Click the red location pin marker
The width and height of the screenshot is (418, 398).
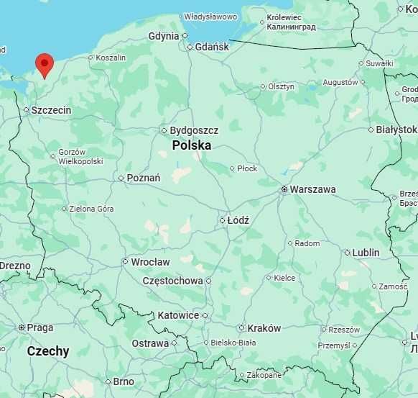(x=45, y=64)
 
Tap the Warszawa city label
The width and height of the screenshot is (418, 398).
(x=312, y=189)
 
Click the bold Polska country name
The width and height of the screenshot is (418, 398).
(x=192, y=145)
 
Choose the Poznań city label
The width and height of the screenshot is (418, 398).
(x=143, y=178)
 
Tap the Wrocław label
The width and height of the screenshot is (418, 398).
(x=150, y=262)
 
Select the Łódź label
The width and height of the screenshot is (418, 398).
(x=238, y=220)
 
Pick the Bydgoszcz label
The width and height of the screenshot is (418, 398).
(x=194, y=130)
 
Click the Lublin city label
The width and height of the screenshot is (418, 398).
(x=366, y=253)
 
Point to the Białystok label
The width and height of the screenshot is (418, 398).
(x=396, y=130)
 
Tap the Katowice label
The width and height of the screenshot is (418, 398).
(x=178, y=315)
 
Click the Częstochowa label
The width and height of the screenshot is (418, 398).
(x=172, y=281)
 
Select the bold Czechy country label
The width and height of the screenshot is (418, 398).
(x=48, y=351)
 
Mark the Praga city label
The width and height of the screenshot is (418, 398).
(x=40, y=327)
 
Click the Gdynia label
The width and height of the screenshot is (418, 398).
(x=164, y=36)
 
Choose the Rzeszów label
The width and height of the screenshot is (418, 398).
(x=343, y=330)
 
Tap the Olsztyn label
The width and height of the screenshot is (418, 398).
(x=281, y=86)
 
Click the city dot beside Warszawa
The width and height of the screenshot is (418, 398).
(x=284, y=189)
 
